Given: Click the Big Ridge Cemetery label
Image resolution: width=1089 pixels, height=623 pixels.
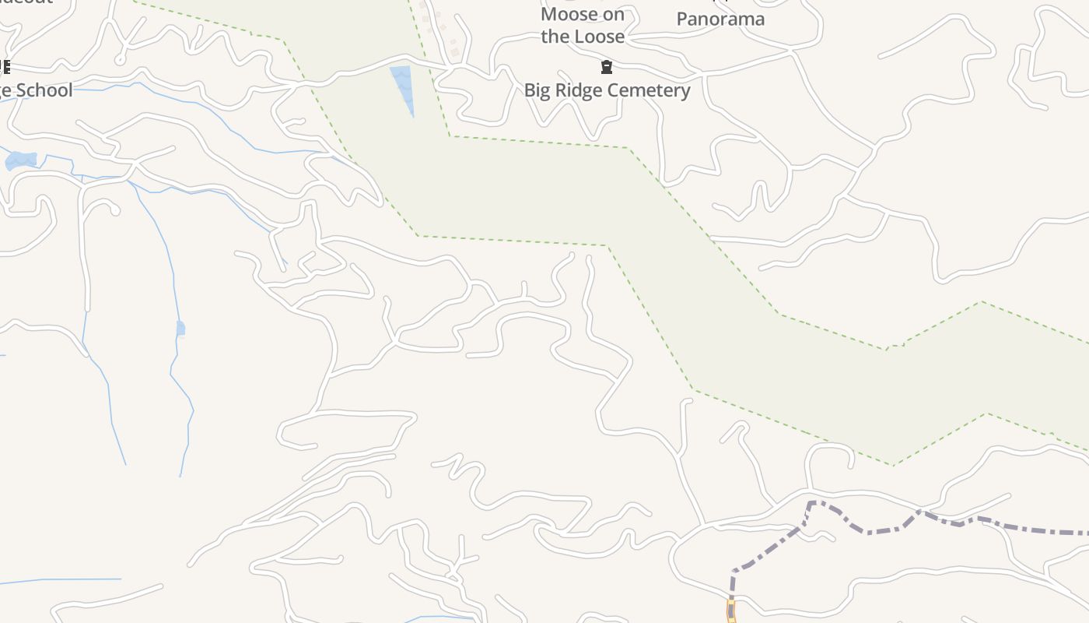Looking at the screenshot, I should coord(607,90).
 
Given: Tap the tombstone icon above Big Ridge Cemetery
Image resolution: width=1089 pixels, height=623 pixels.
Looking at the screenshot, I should coord(607,68).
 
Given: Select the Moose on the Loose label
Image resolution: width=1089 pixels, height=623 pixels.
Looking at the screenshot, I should coord(583,26).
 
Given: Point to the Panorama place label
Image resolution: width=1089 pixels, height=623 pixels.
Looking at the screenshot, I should coord(720,19).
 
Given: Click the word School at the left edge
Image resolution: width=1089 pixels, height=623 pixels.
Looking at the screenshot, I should coord(44,90).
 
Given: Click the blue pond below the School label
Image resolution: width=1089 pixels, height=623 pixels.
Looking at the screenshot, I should coord(21,160).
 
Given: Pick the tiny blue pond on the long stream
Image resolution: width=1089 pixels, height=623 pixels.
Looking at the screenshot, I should coord(180,328).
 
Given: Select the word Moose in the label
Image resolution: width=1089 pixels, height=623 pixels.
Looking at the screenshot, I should coord(571,15).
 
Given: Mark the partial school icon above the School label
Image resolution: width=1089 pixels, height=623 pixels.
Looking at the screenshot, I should coord(5,67).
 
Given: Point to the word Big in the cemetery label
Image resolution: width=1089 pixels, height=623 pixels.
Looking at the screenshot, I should coord(537,90).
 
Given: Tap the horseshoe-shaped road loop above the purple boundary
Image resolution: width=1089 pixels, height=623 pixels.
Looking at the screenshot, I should coord(829,454).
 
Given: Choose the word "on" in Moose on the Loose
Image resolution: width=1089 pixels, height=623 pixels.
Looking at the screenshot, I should coord(614,15).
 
